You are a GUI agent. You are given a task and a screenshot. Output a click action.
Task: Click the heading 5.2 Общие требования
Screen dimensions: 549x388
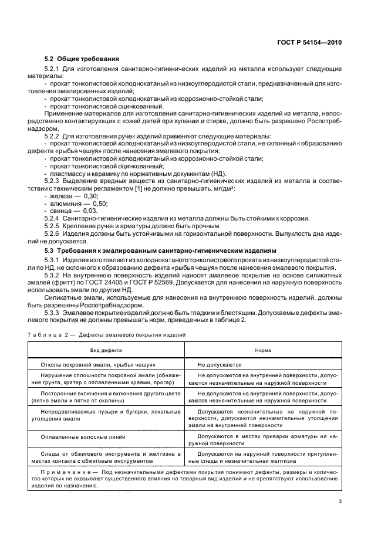tap(82, 59)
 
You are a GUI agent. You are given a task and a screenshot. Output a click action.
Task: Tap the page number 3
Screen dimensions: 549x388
tap(340, 501)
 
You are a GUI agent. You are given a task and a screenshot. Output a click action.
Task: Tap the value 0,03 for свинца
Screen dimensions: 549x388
tap(90, 211)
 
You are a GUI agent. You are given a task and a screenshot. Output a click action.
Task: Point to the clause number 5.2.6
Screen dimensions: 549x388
tap(53, 234)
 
